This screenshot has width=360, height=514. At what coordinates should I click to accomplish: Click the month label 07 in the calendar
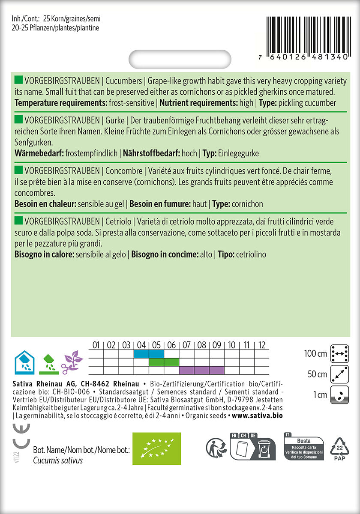point(186,345)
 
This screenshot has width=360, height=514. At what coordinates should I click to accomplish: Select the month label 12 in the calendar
point(262,345)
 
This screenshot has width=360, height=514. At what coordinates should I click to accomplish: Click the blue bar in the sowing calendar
point(149,354)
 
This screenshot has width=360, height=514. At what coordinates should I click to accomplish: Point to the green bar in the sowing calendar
point(164,362)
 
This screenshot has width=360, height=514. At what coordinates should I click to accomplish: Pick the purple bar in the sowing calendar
point(201,370)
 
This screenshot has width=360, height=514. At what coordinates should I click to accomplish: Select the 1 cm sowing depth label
point(319,394)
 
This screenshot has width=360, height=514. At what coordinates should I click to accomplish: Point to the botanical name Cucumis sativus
point(58,460)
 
